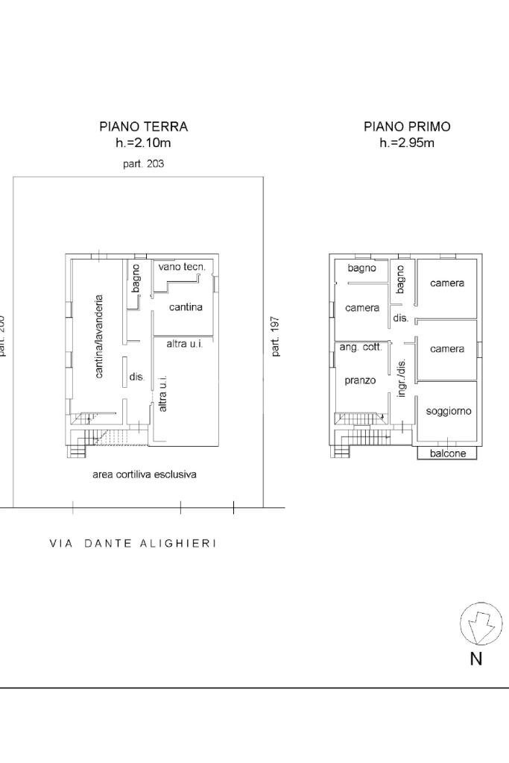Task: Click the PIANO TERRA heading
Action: click(x=144, y=127)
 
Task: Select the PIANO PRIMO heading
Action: click(x=407, y=127)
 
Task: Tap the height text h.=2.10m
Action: click(x=143, y=143)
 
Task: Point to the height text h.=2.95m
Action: click(x=407, y=143)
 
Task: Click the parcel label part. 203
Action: click(x=143, y=164)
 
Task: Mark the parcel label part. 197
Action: click(x=275, y=336)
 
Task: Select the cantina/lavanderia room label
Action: click(x=100, y=336)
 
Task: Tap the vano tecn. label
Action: click(x=182, y=267)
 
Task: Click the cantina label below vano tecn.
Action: click(x=186, y=307)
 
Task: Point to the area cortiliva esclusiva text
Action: click(x=145, y=474)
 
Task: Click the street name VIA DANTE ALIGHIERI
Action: click(x=133, y=544)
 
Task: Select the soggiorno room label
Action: click(x=448, y=411)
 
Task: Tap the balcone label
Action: click(x=448, y=453)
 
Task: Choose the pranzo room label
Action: click(x=360, y=380)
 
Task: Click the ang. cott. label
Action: click(x=361, y=348)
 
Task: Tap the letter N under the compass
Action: click(x=475, y=659)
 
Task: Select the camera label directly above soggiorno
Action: click(x=447, y=348)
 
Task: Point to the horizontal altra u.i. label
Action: click(x=185, y=344)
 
